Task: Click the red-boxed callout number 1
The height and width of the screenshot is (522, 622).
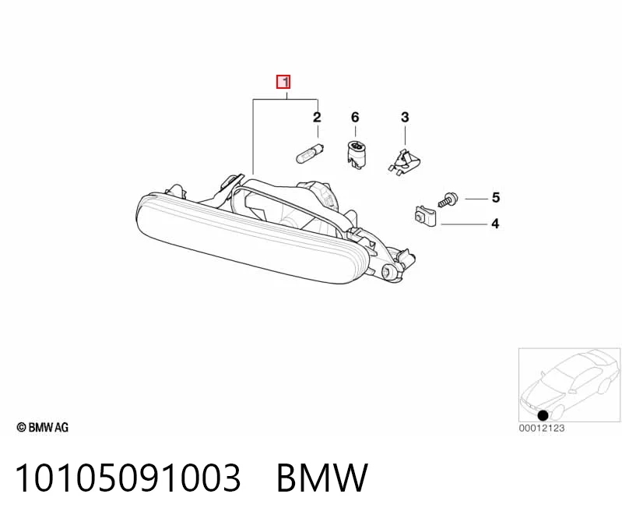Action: point(283,82)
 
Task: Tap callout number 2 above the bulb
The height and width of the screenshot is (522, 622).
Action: point(317,117)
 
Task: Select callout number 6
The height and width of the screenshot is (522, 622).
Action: point(355,117)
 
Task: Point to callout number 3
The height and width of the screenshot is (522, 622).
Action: point(405,117)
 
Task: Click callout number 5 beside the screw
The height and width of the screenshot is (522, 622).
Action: point(496,197)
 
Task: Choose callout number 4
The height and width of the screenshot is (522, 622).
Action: point(495,224)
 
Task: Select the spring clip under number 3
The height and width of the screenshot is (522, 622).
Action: point(404,161)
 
